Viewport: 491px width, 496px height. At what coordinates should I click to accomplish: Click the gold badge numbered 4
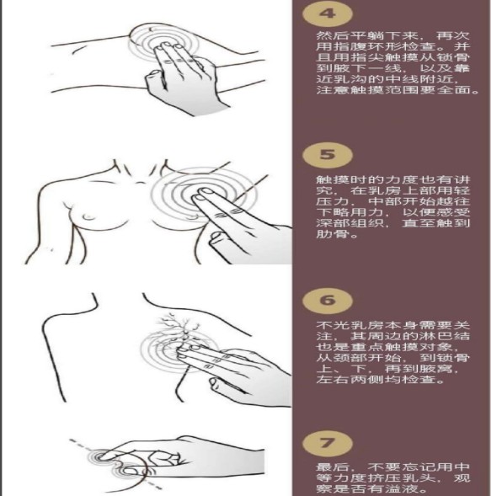(327, 14)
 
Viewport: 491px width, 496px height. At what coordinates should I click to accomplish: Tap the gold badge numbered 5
(327, 155)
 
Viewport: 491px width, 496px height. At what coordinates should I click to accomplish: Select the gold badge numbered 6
(327, 300)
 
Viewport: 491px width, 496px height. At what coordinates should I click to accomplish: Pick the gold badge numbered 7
(327, 443)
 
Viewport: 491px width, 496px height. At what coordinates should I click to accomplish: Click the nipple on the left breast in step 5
(88, 217)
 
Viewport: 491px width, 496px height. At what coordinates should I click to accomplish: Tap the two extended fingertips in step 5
(202, 194)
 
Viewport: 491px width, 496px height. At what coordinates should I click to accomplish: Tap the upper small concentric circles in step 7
(100, 456)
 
